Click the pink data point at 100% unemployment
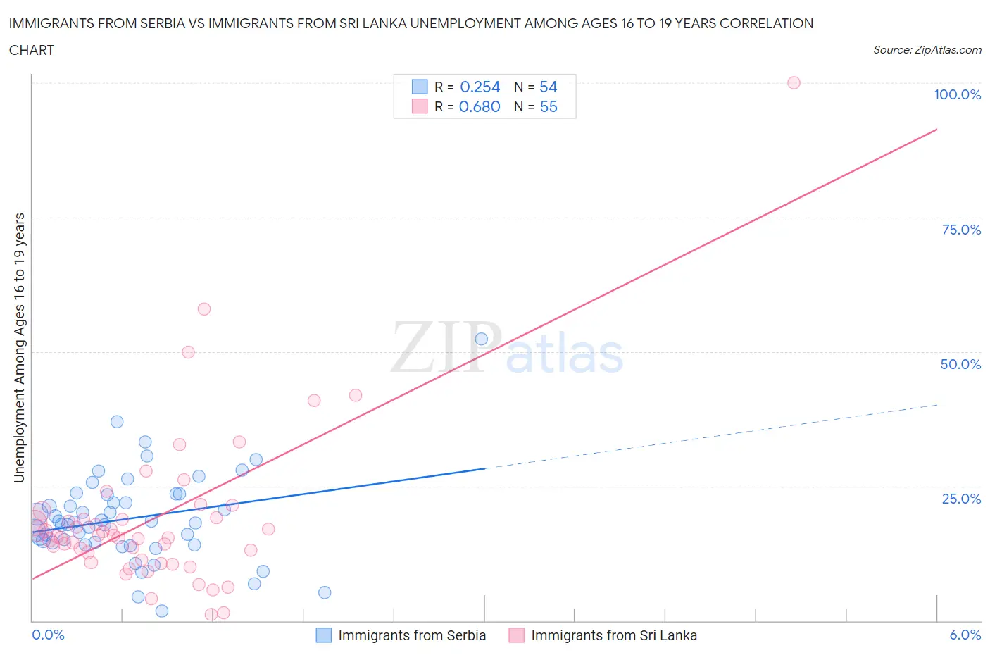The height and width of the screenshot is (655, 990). tap(794, 82)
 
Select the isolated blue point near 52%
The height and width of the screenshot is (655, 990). tap(482, 339)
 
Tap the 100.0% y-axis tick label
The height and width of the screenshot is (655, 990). tap(957, 94)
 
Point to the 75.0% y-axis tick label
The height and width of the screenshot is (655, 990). tap(961, 230)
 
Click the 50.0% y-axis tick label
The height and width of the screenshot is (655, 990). tap(960, 364)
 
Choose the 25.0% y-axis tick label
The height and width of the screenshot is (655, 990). tap(961, 499)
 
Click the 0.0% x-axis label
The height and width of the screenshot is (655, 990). tap(48, 635)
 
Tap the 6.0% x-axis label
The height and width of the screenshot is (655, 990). tap(965, 635)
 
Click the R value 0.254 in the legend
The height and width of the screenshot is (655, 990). tap(480, 87)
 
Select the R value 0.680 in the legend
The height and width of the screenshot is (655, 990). tap(480, 106)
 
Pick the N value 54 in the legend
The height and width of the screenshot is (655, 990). tap(548, 87)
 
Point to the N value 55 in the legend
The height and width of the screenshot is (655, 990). tap(548, 106)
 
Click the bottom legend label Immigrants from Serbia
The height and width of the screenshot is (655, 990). tap(412, 635)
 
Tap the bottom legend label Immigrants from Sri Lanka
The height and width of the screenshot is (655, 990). tap(614, 635)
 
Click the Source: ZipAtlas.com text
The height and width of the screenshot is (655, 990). tap(927, 50)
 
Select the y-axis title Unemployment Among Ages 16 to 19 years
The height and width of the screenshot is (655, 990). tap(19, 348)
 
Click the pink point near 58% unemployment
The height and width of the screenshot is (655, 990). tap(204, 308)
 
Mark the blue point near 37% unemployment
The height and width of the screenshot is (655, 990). tap(117, 421)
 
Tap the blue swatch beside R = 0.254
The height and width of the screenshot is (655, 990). tap(420, 87)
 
